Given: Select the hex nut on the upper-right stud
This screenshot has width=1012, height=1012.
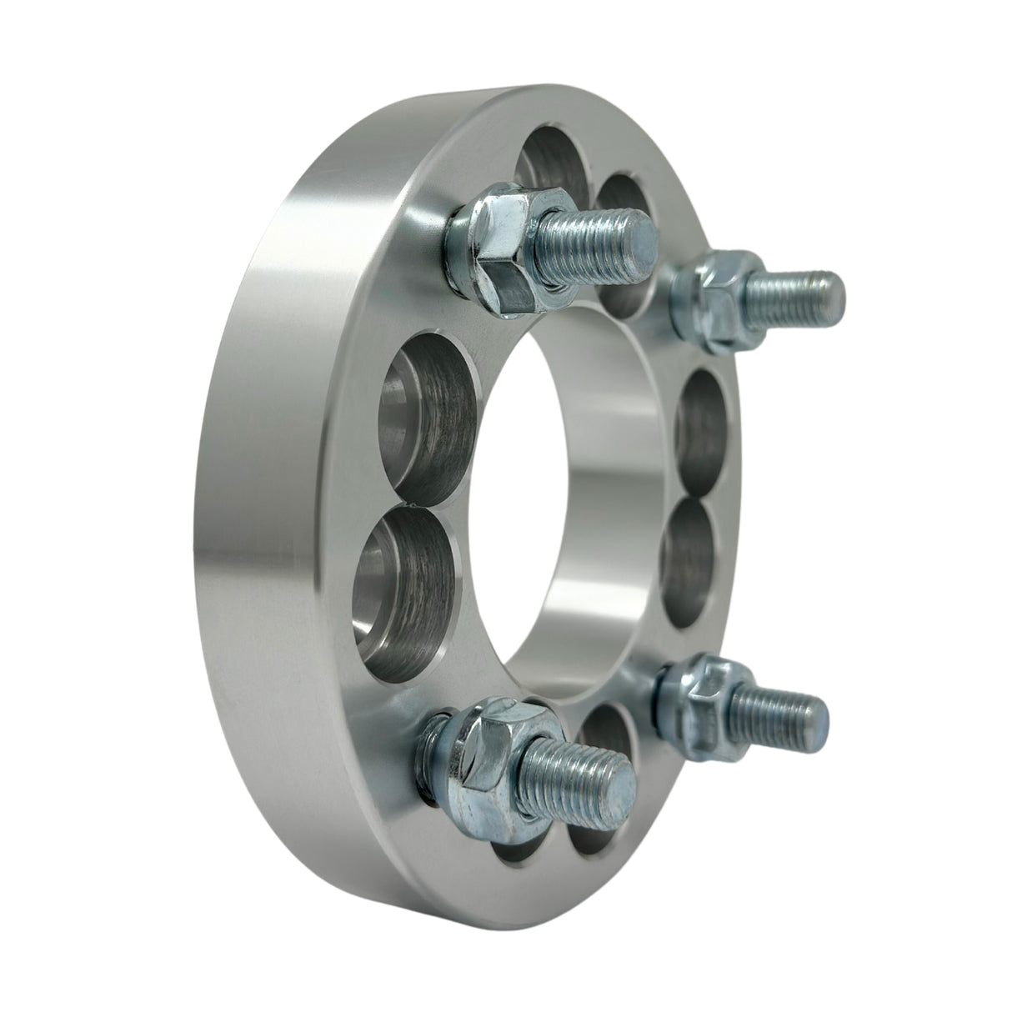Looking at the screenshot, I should point(719,293).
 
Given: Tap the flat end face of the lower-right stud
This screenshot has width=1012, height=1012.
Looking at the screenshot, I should point(814,714).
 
